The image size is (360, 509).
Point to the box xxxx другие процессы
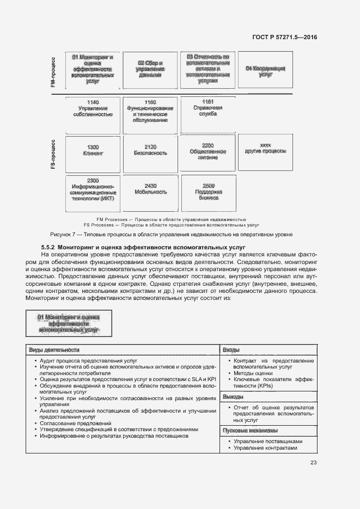tap(265, 149)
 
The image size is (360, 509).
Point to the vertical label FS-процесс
tap(53, 154)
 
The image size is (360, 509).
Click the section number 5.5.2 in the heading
tap(44, 247)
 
